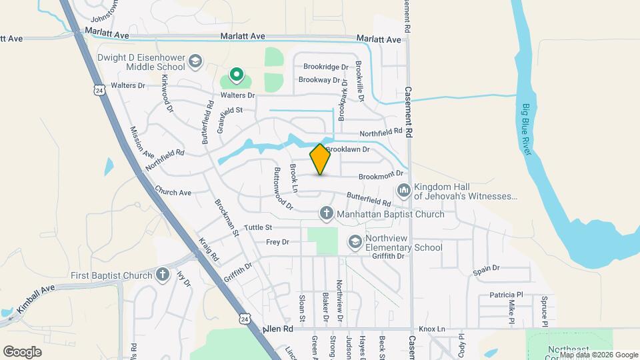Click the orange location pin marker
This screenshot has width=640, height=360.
coord(320,159)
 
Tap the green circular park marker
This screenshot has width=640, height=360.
coord(236,74)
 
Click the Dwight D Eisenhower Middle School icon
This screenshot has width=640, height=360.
coord(195,61)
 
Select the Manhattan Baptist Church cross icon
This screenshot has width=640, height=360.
coord(326,214)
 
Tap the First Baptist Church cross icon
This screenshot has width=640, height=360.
coord(163,275)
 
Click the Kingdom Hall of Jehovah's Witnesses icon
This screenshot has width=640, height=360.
coord(403,191)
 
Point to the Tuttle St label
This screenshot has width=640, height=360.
coord(258,228)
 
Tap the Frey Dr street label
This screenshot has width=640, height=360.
coord(277,242)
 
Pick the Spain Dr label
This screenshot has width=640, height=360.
coord(486,268)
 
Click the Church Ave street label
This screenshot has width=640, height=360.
coord(173,192)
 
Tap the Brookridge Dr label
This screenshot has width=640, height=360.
coord(326,67)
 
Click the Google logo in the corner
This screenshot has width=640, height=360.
coord(23,351)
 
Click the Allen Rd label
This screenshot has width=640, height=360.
coord(278,329)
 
